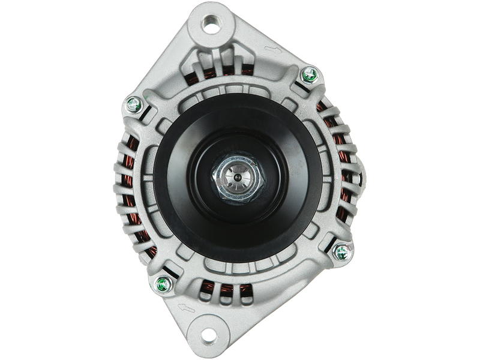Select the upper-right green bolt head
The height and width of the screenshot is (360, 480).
pyautogui.click(x=310, y=74)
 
